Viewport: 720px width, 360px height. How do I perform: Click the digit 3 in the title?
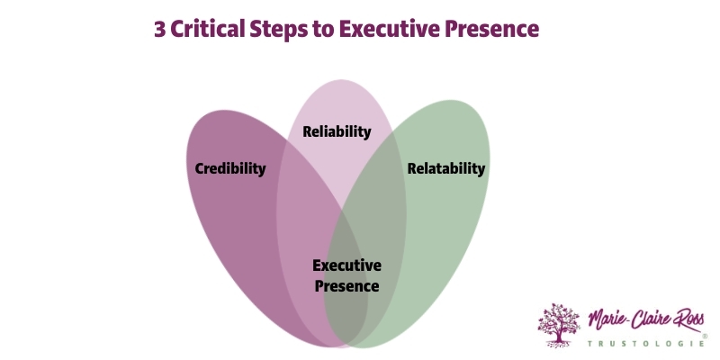[x=160, y=29]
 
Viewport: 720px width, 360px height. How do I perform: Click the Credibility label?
[x=230, y=168]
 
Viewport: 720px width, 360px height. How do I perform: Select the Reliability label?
[x=337, y=131]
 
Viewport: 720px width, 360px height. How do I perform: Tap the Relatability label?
[x=445, y=168]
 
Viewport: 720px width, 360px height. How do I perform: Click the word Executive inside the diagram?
[x=346, y=265]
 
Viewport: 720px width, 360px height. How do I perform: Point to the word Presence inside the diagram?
[x=346, y=286]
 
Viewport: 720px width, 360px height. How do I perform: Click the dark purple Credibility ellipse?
[x=225, y=234]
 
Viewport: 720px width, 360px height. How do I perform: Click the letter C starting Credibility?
[x=200, y=168]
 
